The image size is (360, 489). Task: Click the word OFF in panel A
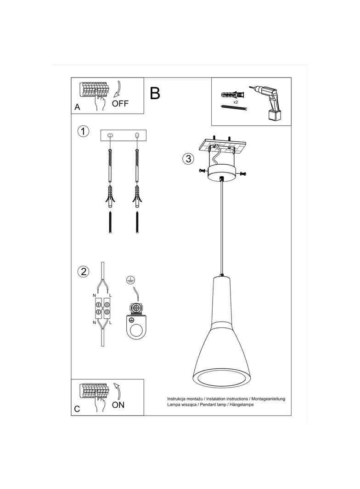pos(120,103)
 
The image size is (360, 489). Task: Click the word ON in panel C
pos(118,405)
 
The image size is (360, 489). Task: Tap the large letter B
pos(155,93)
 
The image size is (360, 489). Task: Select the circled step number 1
pos(83,132)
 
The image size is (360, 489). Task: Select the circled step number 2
pos(83,272)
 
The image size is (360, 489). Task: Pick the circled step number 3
pos(187,159)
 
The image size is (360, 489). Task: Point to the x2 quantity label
pos(235,102)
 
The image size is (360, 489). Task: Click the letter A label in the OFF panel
pos(77,107)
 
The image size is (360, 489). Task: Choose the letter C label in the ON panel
pos(77,409)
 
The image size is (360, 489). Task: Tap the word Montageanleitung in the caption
pos(268,399)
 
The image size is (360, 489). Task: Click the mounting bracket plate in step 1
pos(123,135)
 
